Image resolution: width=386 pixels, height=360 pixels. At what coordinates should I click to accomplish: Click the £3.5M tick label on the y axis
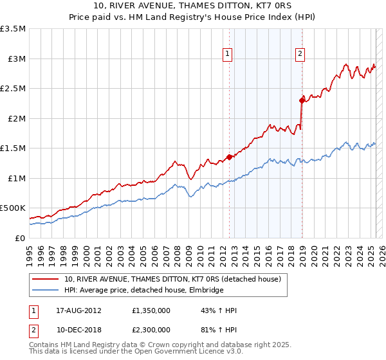pos(13,29)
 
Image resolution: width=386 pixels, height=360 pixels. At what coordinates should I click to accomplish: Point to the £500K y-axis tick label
pos(13,208)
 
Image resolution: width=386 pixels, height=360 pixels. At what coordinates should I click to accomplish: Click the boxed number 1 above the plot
pos(228,55)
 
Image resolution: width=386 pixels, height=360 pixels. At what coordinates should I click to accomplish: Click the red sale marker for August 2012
pos(229,157)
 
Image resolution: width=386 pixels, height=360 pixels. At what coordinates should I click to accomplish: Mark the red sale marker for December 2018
pos(301,100)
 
